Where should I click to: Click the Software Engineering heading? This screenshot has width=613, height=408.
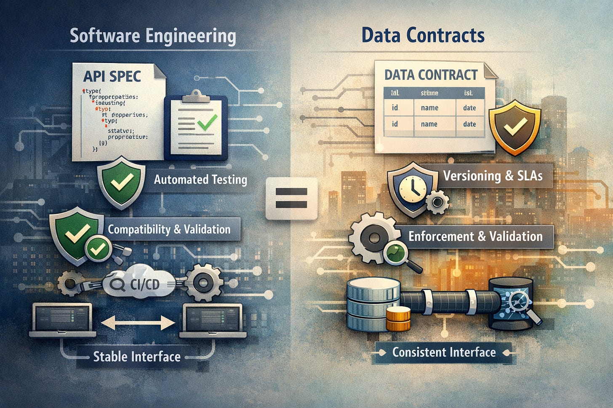153,36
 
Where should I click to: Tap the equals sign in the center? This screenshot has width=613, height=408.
291,198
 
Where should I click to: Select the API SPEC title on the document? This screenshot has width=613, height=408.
112,76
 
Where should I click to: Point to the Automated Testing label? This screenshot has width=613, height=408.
200,180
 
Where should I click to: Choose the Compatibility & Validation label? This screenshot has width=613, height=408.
169,229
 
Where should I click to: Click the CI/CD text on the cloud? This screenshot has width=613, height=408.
145,284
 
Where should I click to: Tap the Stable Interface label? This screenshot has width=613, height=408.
137,357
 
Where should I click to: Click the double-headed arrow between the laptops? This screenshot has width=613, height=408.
139,323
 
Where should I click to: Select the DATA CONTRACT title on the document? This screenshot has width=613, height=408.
431,75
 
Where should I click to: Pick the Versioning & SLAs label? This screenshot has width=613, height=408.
493,176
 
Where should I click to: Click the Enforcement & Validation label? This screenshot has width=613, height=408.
475,236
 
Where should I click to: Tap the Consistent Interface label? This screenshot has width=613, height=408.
444,352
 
